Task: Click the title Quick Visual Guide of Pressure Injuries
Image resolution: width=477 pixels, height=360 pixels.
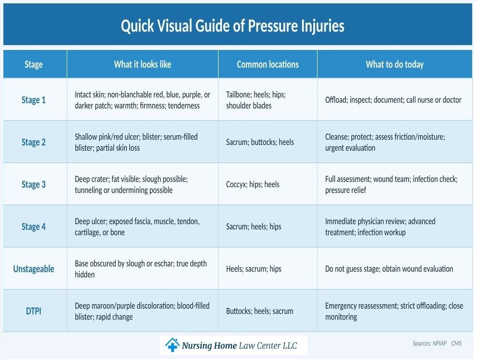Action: click(232, 26)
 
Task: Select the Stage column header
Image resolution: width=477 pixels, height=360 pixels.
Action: click(34, 64)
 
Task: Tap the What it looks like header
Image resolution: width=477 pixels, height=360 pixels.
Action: click(142, 64)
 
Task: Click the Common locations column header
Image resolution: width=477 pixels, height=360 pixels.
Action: click(268, 64)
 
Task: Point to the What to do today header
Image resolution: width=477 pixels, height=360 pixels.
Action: click(394, 64)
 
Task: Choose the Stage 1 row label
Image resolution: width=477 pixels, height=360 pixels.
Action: click(34, 100)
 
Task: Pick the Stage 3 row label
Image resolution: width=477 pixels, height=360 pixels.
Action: click(34, 184)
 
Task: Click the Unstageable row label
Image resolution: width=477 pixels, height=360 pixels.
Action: click(34, 269)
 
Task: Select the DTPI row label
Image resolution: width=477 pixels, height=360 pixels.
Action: click(34, 311)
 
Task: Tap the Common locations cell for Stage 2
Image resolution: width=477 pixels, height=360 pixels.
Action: click(260, 142)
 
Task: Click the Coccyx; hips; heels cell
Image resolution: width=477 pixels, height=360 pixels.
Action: click(253, 184)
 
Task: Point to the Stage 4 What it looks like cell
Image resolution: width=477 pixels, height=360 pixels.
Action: click(137, 227)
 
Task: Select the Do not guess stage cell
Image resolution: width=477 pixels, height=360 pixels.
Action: click(389, 269)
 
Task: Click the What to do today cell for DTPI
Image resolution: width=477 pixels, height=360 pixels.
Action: click(394, 311)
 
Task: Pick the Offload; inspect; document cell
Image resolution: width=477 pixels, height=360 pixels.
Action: click(393, 100)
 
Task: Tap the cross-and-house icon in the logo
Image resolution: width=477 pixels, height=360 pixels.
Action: click(171, 345)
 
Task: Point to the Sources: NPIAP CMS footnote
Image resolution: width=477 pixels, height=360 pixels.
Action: click(437, 343)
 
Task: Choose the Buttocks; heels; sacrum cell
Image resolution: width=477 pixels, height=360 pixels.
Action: click(259, 311)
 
